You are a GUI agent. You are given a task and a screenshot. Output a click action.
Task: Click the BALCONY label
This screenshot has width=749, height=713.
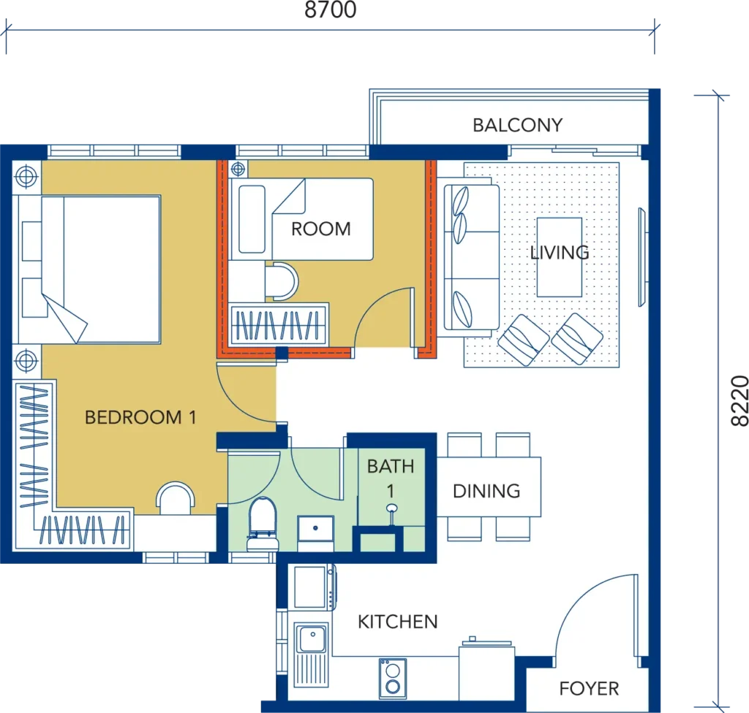[517, 125]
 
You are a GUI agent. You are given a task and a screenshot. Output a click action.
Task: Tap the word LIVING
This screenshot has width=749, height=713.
[560, 253]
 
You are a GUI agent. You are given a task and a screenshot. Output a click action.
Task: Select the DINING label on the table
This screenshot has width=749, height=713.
[486, 490]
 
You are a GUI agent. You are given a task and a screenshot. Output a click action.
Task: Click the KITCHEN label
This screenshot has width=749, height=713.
[397, 622]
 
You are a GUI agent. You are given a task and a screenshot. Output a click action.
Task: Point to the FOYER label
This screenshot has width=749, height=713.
[589, 688]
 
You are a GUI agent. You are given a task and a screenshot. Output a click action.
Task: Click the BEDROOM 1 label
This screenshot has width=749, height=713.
[140, 417]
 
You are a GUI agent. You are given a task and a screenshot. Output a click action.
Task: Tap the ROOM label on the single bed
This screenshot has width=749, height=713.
[320, 229]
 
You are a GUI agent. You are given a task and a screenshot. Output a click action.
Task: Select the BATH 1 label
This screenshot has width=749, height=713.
[390, 475]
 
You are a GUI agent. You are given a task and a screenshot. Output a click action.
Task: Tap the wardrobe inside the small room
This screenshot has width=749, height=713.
[279, 322]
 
